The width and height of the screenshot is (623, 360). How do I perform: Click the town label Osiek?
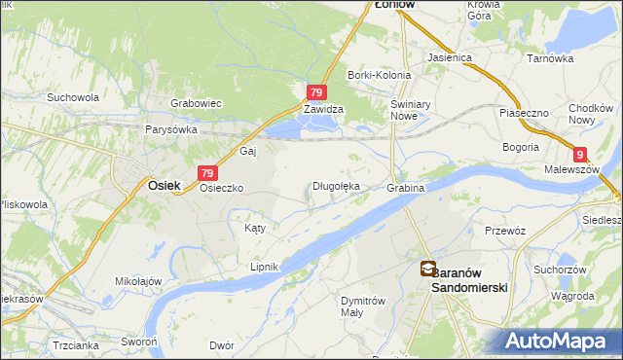164,183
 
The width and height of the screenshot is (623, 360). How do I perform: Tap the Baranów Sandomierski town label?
469,279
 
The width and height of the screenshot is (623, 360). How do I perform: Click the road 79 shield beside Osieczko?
205,172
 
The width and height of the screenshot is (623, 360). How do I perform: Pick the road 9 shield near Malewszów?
580,154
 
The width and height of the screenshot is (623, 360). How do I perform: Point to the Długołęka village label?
336,186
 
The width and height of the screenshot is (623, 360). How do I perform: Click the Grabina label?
405,187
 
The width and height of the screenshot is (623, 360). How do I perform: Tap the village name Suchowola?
73,97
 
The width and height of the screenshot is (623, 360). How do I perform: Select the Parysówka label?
171,129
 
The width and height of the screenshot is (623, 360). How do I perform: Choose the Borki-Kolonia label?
377,75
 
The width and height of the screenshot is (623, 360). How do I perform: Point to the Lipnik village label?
265,267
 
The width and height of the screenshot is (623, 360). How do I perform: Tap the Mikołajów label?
137,282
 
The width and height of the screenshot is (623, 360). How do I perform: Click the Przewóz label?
505,231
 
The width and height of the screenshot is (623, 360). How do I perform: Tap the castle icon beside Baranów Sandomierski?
427,269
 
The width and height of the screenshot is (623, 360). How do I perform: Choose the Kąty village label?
253,228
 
